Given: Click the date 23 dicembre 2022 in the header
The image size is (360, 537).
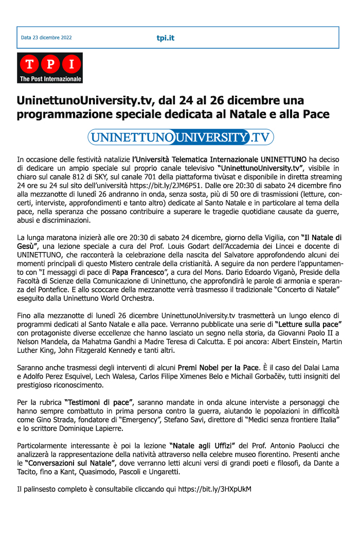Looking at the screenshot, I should point(46,38).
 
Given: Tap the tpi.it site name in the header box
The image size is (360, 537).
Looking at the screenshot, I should point(165,38).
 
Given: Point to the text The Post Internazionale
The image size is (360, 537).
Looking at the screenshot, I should point(50,79).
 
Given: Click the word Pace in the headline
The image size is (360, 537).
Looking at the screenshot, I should point(315,114).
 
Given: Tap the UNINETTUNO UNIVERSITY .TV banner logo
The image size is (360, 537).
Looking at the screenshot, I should point(180,137).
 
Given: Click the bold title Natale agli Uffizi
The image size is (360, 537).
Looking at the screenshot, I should point(203,445).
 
